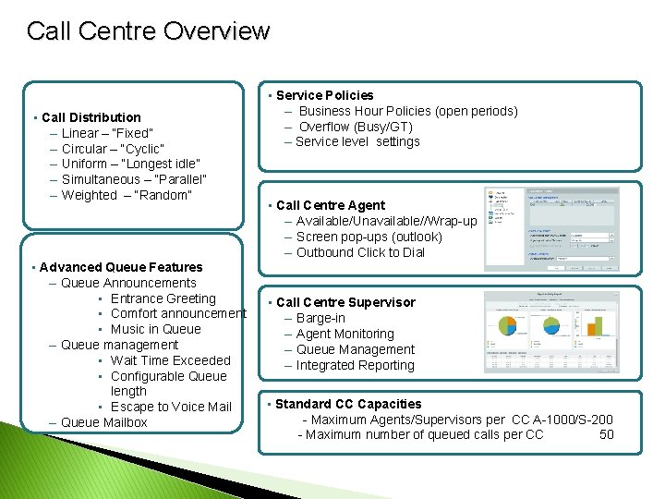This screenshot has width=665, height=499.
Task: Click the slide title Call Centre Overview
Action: [148, 31]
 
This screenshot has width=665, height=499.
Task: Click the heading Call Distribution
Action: [91, 117]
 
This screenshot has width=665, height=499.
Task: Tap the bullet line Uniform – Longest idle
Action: [130, 164]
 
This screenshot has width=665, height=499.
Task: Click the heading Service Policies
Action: [324, 95]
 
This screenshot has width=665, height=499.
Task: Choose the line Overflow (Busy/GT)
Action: [355, 127]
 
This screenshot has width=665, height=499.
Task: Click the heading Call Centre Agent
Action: [331, 205]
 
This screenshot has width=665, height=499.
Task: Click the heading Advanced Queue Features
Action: [121, 267]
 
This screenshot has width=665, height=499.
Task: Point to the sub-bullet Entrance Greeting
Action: [163, 298]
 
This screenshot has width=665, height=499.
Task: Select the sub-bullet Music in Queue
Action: [155, 329]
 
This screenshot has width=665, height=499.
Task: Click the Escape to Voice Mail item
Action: [171, 407]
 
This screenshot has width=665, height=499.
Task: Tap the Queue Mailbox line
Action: [103, 422]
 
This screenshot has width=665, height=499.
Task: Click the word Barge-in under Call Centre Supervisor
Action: [320, 318]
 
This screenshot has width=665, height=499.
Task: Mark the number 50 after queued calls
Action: [606, 434]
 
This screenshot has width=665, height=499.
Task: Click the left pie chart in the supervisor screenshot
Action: [509, 325]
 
